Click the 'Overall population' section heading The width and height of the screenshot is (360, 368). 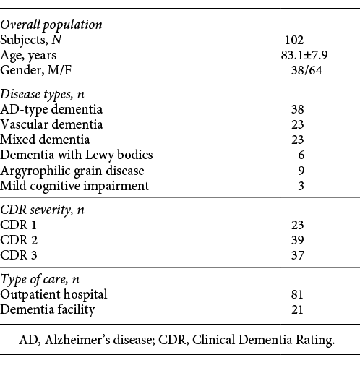click(x=51, y=24)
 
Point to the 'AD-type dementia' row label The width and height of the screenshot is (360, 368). click(x=51, y=109)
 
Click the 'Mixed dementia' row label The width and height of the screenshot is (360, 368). click(x=46, y=139)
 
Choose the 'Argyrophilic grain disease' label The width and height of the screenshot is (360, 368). click(x=72, y=170)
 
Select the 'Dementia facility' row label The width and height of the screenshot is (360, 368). click(x=48, y=309)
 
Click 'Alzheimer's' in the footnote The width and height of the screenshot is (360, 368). click(x=121, y=340)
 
